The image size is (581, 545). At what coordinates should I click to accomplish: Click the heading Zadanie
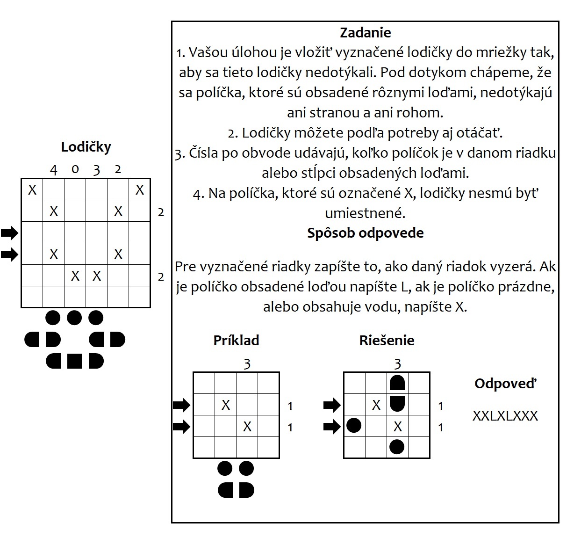coord(365,33)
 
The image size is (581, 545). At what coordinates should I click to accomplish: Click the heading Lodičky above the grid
coord(86,147)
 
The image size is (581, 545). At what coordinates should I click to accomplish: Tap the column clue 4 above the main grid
coord(54,170)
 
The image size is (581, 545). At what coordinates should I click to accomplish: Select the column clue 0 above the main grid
coord(75,169)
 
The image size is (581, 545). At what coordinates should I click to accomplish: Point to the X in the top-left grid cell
coord(32,190)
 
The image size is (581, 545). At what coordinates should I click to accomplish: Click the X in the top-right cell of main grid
coord(140,190)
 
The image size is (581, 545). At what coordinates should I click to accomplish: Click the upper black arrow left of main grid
coord(9,233)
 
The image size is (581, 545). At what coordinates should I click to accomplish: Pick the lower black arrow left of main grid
coord(9,254)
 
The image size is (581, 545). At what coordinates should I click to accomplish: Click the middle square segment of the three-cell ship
coord(75,361)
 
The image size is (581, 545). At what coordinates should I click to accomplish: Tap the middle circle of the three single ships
coord(74,318)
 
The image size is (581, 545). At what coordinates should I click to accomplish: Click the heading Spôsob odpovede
coord(365,233)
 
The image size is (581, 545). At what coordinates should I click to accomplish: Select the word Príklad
coord(236,340)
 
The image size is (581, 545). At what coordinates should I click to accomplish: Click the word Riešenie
coord(387,340)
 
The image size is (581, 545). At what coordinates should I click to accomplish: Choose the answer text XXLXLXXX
coord(505,416)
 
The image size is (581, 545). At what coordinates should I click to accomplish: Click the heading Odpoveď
coord(505,384)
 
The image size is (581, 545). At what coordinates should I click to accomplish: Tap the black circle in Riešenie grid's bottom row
coord(397,447)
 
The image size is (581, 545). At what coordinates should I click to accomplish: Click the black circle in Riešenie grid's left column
coord(354,426)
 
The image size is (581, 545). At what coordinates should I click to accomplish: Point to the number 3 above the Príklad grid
coord(247,364)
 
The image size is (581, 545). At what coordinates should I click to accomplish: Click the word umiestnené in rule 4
coord(365,213)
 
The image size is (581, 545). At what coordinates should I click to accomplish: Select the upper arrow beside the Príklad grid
coord(181,405)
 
